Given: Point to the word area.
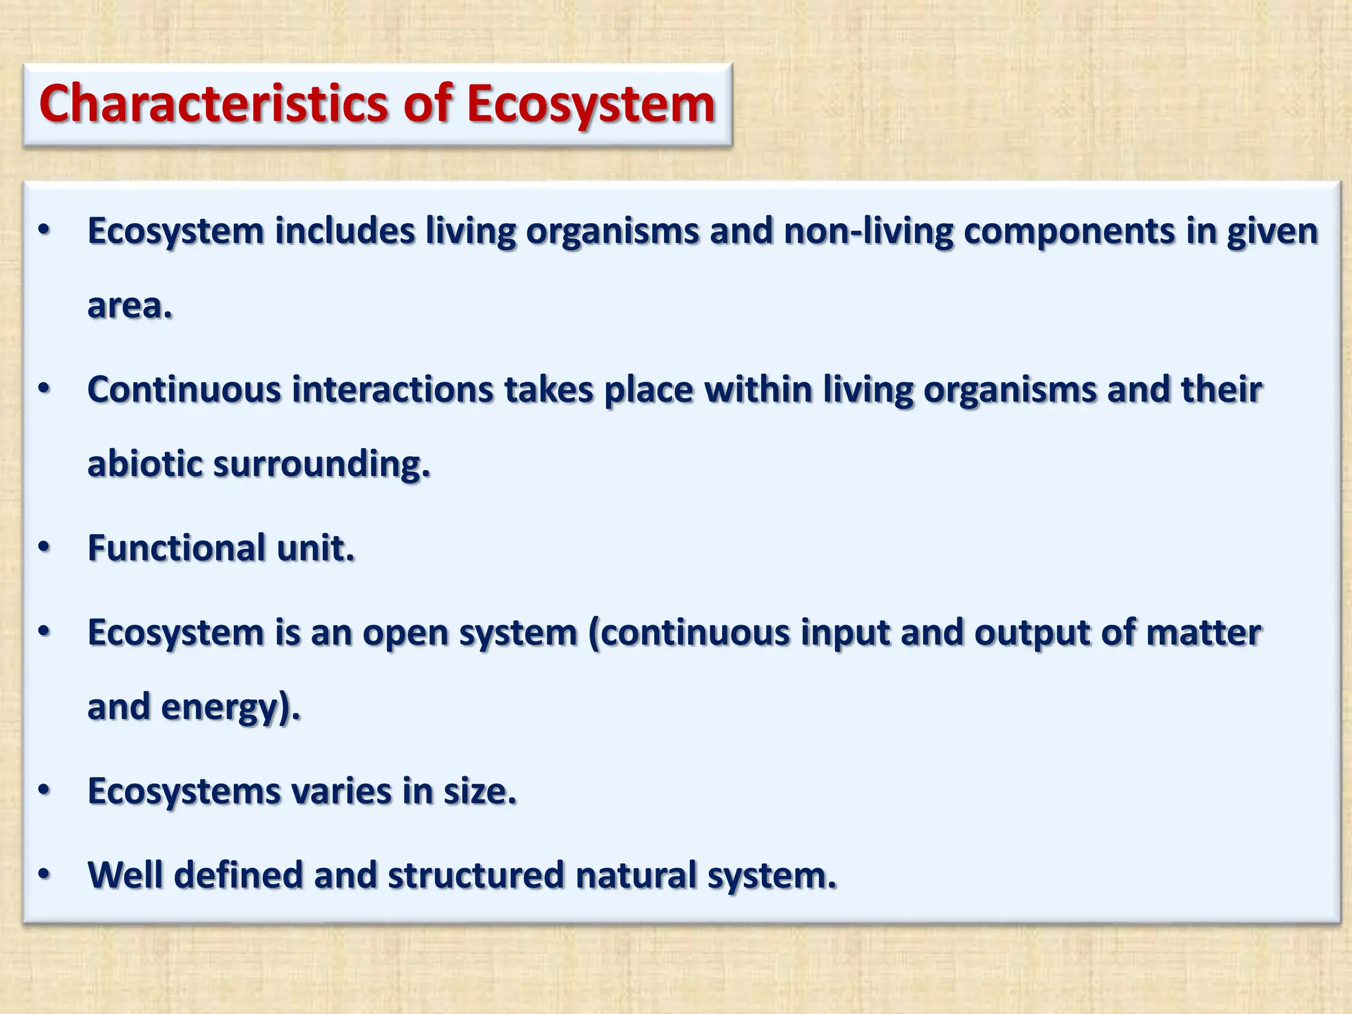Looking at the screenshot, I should (x=129, y=306).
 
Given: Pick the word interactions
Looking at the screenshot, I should (x=392, y=389).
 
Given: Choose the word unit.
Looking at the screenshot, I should (x=316, y=548).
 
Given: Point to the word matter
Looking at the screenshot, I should (x=1203, y=632).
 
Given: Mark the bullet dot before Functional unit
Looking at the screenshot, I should (x=44, y=548).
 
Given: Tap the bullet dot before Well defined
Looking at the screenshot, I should (x=44, y=875).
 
